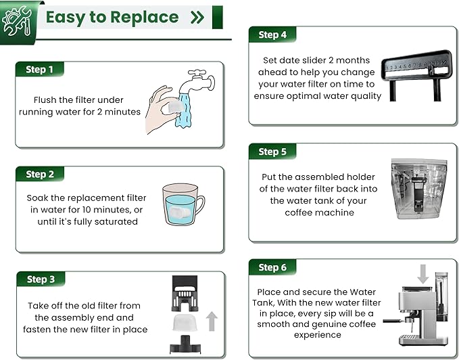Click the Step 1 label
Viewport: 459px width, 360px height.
39,70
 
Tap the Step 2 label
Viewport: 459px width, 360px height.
40,175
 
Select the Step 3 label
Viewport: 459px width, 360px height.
41,279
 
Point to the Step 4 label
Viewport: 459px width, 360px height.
272,35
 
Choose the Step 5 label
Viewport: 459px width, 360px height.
272,152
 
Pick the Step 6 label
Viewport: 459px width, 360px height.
272,267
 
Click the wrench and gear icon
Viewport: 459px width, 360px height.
17,21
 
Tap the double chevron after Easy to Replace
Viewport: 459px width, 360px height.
197,18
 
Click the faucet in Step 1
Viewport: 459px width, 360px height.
197,81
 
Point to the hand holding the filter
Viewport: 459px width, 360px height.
160,110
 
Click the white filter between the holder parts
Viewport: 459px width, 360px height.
185,323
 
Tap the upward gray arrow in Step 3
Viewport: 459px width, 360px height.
212,321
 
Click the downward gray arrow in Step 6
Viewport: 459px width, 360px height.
423,274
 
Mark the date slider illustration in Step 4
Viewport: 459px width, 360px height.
417,75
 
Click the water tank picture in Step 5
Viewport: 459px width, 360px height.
420,189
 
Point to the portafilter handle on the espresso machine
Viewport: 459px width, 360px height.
394,321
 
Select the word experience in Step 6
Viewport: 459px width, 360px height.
318,335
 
